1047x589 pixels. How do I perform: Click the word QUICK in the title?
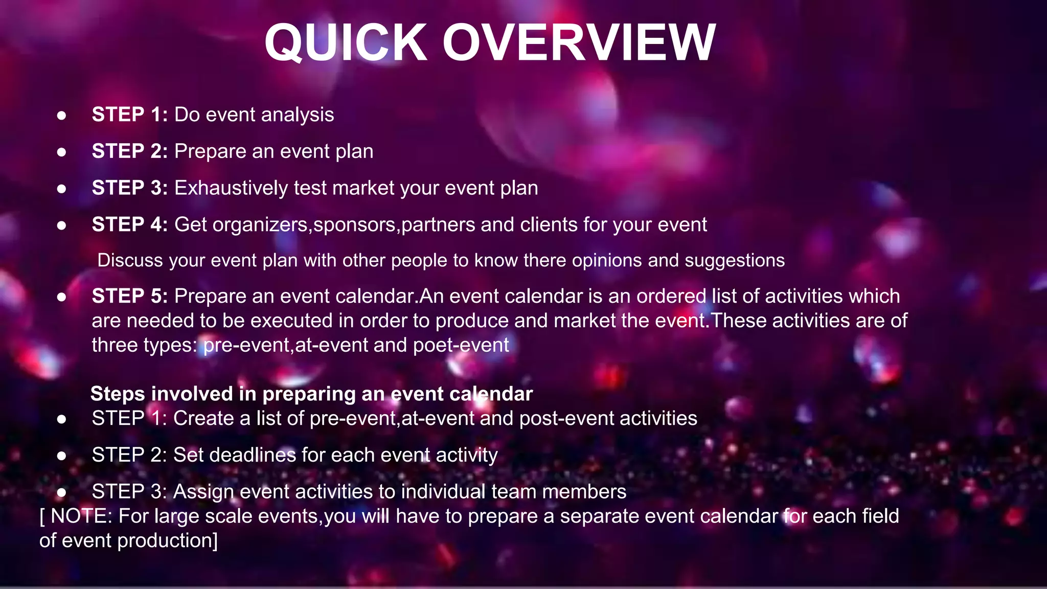[x=346, y=43]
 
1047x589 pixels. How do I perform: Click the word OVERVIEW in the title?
[x=579, y=43]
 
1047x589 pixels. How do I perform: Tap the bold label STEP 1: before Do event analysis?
[x=130, y=115]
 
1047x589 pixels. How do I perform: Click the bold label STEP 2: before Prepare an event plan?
[x=130, y=151]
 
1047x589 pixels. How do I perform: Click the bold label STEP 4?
[x=130, y=224]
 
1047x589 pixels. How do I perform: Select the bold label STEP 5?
[x=130, y=296]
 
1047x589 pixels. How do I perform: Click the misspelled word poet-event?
[x=461, y=345]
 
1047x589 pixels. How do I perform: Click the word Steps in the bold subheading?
[x=118, y=394]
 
